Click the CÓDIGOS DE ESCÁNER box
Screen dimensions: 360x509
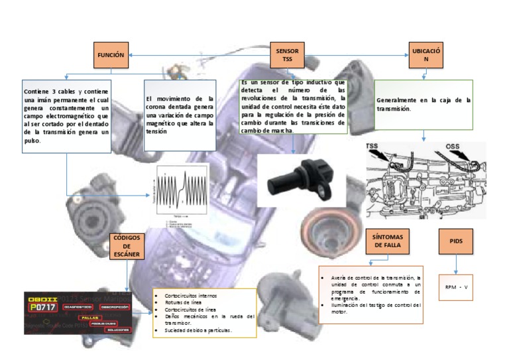coord(127,250)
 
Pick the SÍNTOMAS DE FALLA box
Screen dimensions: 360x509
coord(388,239)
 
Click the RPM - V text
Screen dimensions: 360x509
coord(457,287)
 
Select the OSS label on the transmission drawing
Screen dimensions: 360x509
coord(452,147)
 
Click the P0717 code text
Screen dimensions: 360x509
coord(42,308)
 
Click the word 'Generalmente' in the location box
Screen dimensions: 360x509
coord(397,100)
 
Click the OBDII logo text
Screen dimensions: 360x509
coord(42,298)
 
